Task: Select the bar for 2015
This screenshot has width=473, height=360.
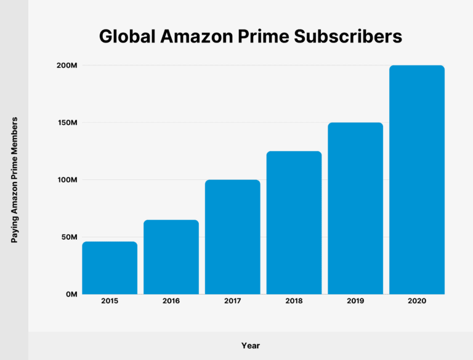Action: pyautogui.click(x=110, y=268)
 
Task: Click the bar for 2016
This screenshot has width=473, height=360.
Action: pyautogui.click(x=171, y=257)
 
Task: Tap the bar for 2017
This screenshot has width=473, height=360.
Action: pyautogui.click(x=232, y=237)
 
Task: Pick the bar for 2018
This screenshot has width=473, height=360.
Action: pyautogui.click(x=294, y=223)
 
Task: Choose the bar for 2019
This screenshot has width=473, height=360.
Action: pyautogui.click(x=355, y=208)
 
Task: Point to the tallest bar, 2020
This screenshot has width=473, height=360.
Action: pyautogui.click(x=417, y=179)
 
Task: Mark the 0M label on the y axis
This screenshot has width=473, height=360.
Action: pyautogui.click(x=71, y=295)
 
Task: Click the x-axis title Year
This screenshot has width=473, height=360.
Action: pyautogui.click(x=251, y=346)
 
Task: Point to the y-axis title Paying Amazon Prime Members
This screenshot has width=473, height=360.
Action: pyautogui.click(x=14, y=179)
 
